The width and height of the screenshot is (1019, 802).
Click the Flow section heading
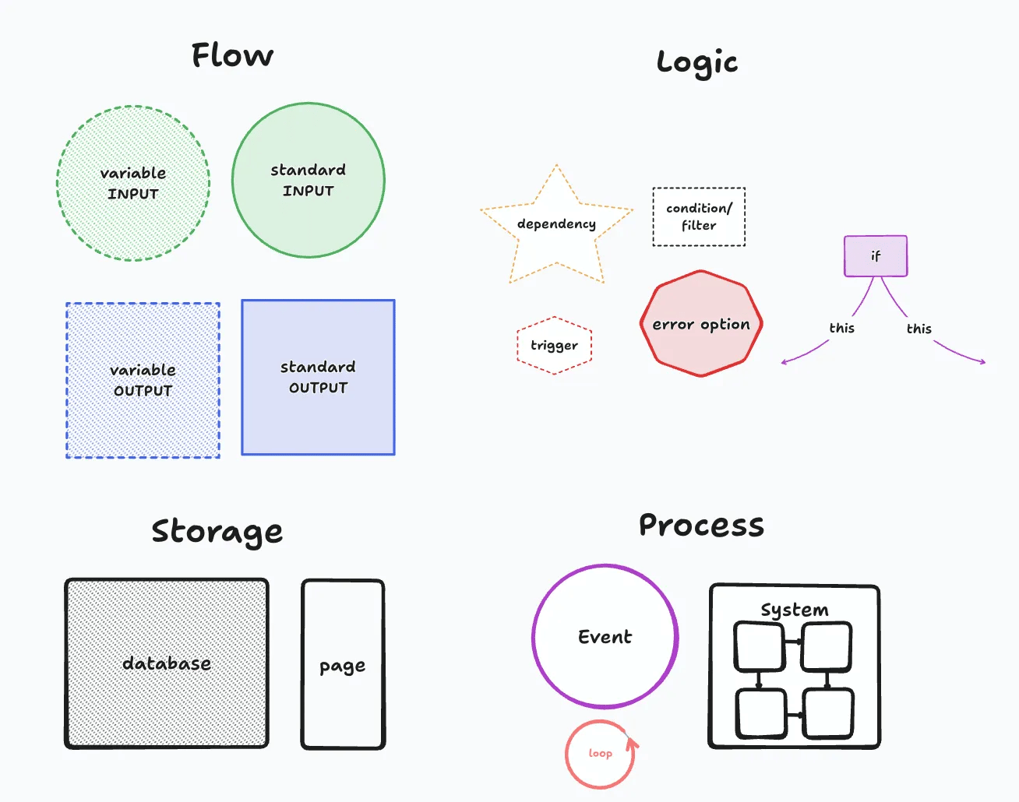click(232, 55)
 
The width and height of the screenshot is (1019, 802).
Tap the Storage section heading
click(217, 532)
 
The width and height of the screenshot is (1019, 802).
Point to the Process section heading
click(701, 526)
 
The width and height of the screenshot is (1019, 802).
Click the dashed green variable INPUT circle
click(133, 184)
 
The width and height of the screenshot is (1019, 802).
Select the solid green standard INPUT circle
click(309, 180)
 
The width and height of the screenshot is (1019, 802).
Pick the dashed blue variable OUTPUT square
click(143, 380)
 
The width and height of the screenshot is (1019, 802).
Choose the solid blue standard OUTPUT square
click(318, 377)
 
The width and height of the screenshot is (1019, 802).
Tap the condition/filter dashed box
click(699, 217)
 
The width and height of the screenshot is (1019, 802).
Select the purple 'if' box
click(876, 256)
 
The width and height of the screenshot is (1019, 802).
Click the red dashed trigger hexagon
click(554, 346)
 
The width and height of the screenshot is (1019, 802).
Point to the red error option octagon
click(701, 324)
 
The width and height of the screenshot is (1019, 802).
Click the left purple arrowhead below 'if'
click(785, 362)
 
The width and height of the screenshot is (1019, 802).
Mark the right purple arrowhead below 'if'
click(982, 361)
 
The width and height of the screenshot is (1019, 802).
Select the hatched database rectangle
click(167, 663)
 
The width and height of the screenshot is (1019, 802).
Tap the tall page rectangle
click(343, 665)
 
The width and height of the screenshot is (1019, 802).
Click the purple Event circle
click(605, 637)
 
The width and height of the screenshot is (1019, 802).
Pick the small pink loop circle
click(600, 754)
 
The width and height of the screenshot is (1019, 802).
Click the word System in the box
click(794, 610)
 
